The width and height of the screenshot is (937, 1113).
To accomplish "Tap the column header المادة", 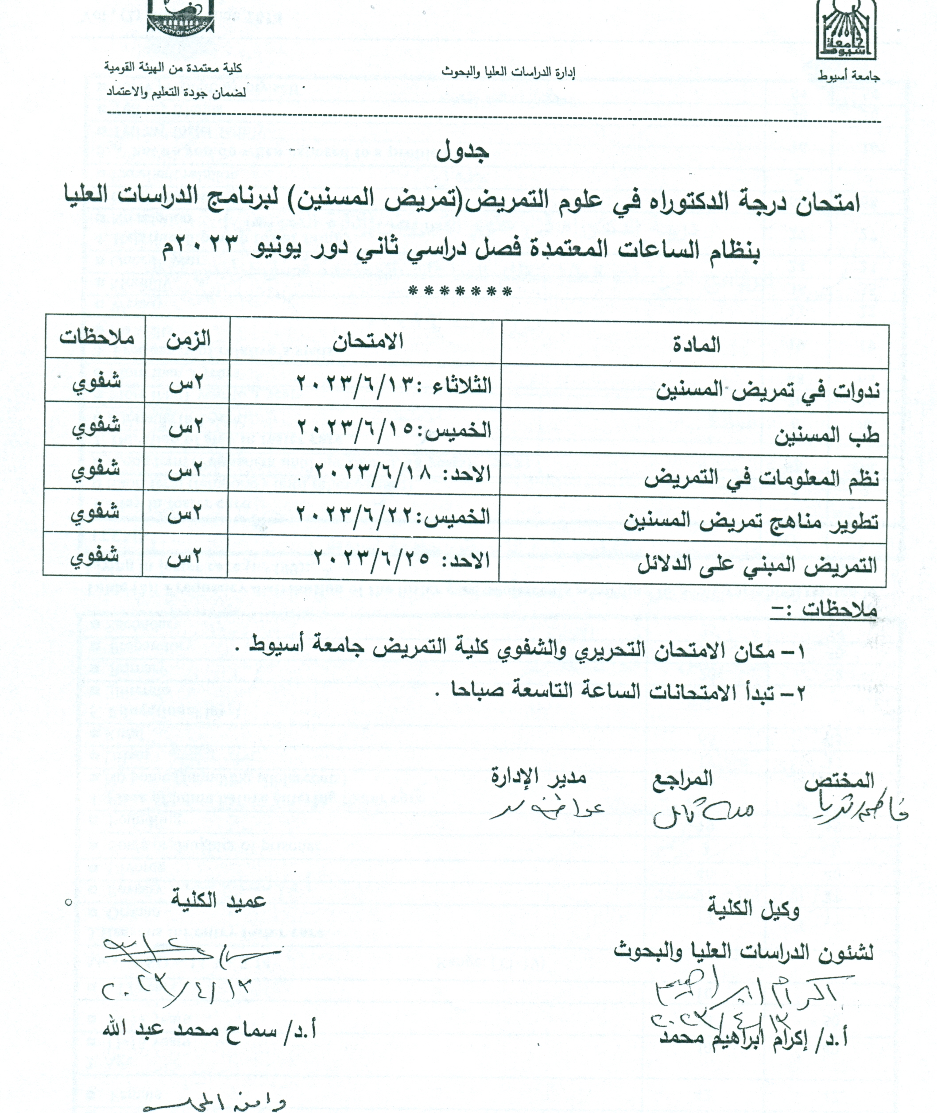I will coord(697,346).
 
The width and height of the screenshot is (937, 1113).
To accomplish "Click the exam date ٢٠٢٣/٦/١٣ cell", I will coord(393,384).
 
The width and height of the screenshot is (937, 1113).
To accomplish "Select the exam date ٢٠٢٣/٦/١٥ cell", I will coord(393,429).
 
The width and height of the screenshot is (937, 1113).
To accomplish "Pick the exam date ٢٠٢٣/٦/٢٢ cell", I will coord(393,516).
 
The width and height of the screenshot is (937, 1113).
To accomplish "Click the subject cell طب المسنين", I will coord(826,436).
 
